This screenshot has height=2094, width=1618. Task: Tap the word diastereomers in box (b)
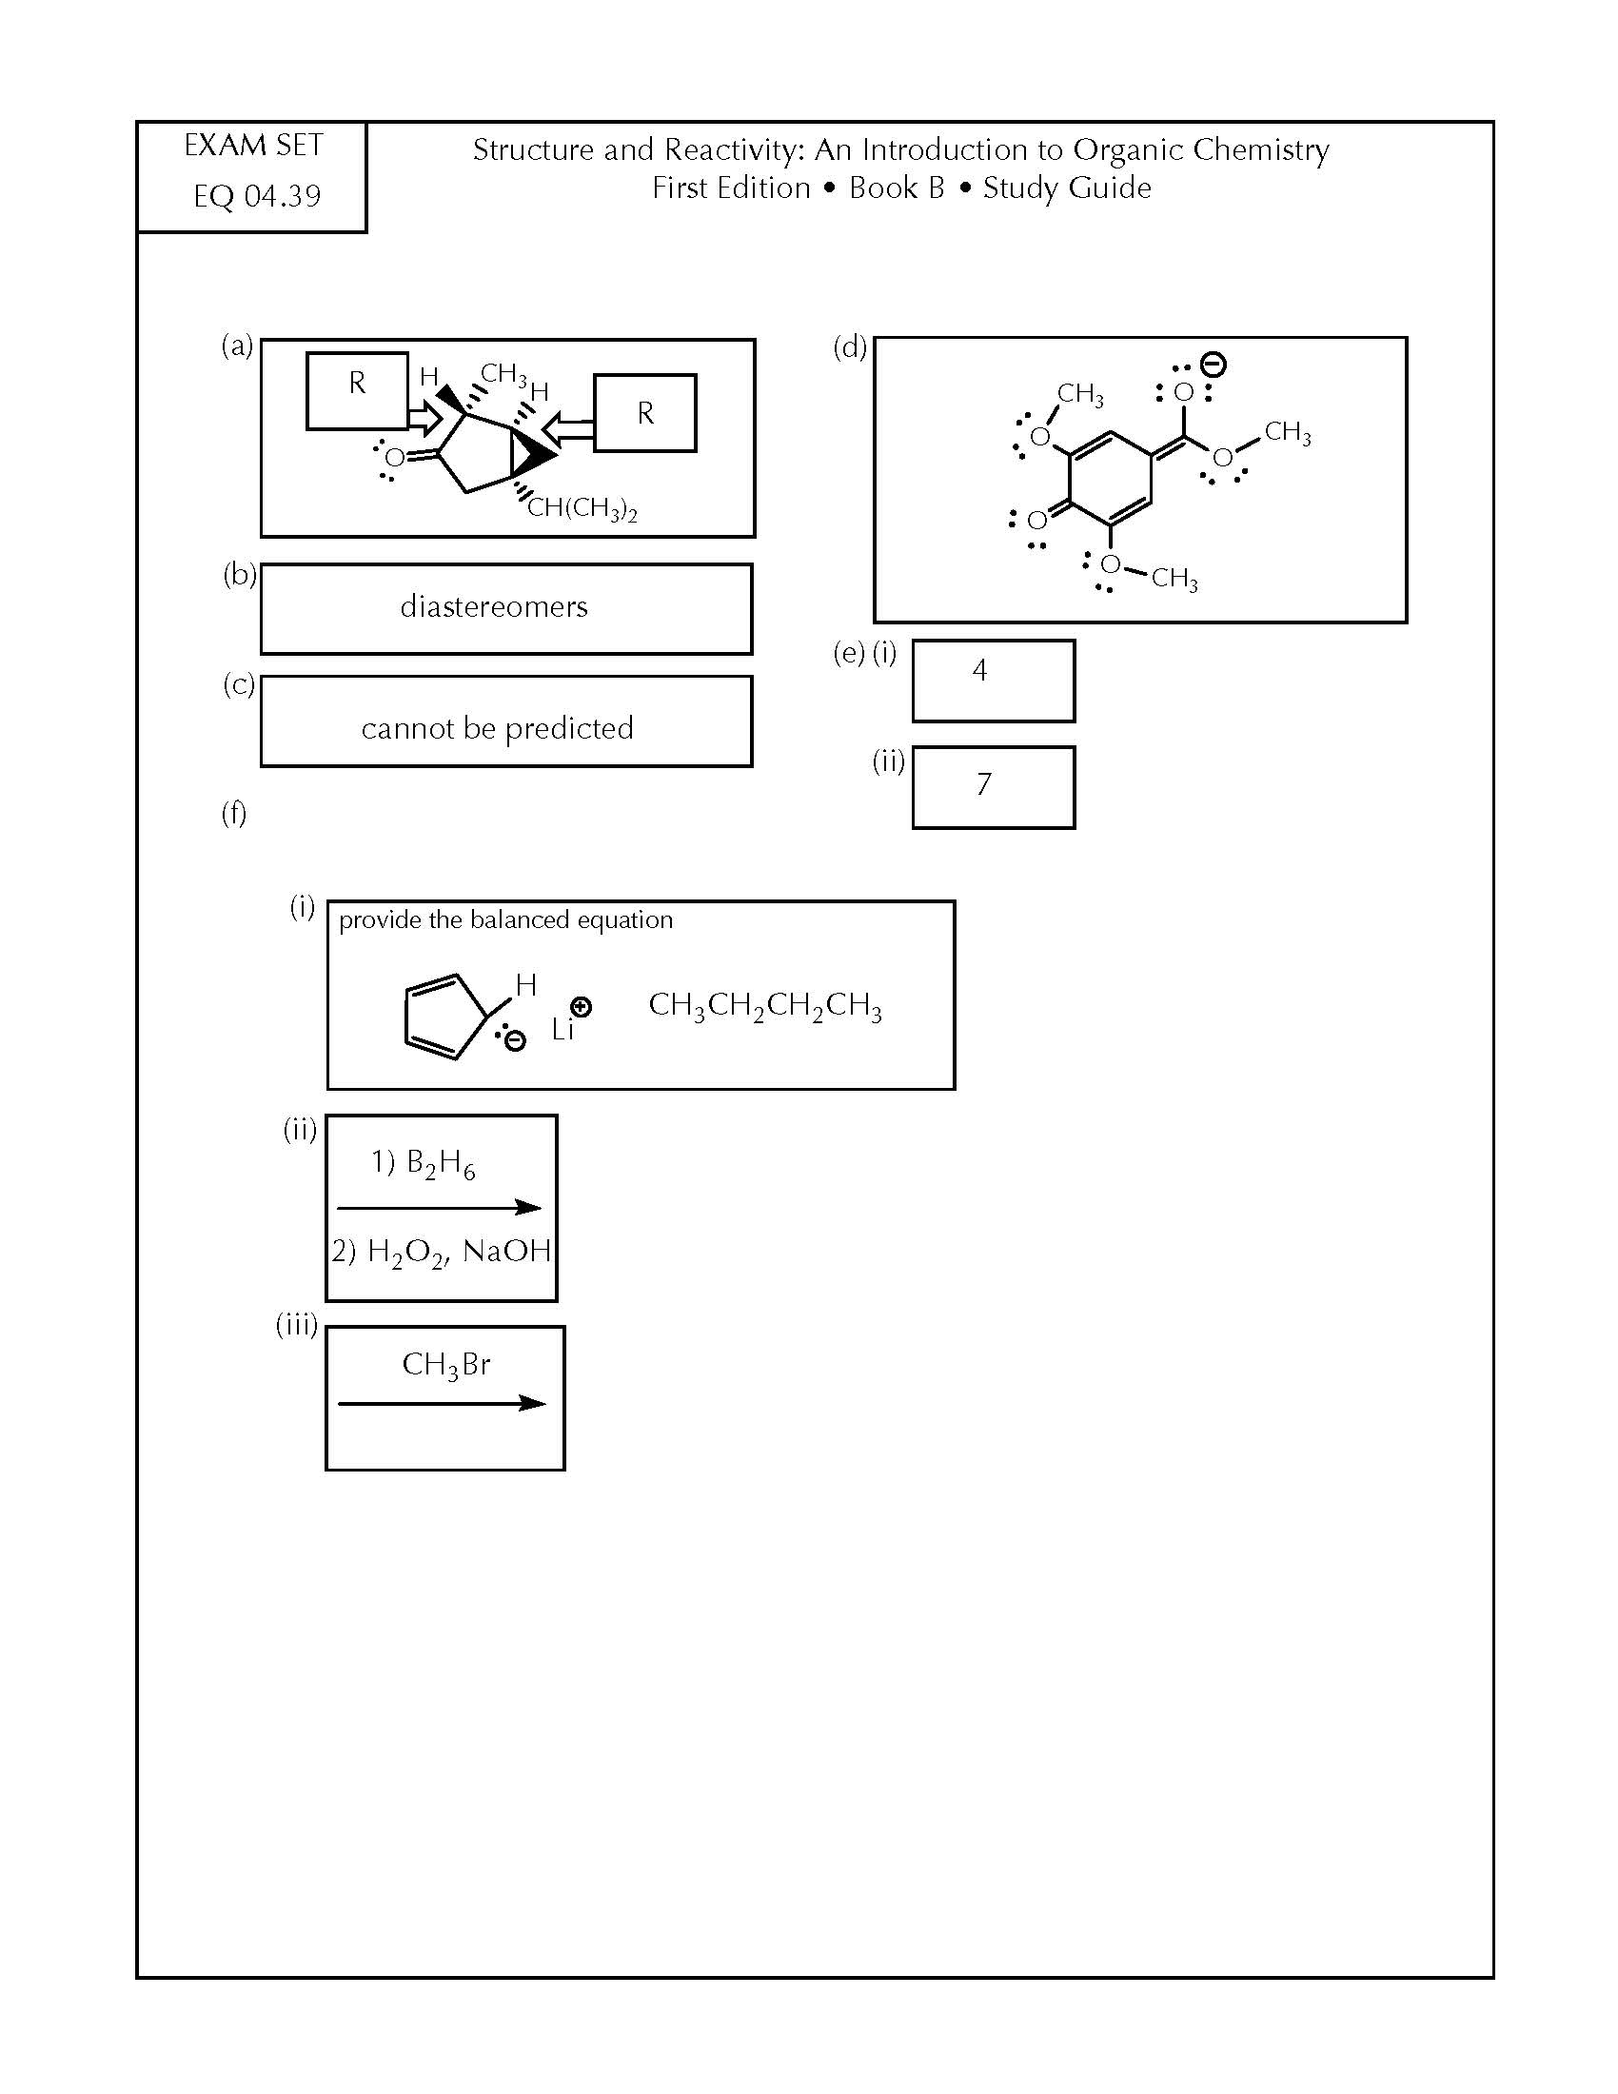point(494,606)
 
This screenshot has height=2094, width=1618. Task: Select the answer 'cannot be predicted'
point(498,728)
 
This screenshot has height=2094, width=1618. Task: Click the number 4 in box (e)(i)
point(979,669)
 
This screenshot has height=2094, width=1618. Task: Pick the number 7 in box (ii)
point(983,784)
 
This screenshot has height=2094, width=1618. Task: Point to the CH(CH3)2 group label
point(582,508)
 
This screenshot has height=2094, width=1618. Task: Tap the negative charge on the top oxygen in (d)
point(1213,365)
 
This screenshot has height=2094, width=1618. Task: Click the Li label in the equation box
point(562,1030)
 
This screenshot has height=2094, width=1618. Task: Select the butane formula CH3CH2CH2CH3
point(765,1006)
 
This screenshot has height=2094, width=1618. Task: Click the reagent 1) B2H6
point(423,1163)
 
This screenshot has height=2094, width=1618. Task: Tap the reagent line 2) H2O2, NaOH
point(442,1253)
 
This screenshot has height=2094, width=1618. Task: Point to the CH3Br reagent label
point(445,1364)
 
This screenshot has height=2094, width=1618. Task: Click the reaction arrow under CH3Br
point(442,1404)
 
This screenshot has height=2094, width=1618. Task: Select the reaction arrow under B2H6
point(439,1207)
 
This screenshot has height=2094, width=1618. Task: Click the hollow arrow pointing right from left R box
point(425,418)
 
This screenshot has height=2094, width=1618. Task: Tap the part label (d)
point(849,346)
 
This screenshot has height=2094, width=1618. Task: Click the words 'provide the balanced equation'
point(506,920)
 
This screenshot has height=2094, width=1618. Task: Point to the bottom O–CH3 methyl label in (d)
point(1174,578)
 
